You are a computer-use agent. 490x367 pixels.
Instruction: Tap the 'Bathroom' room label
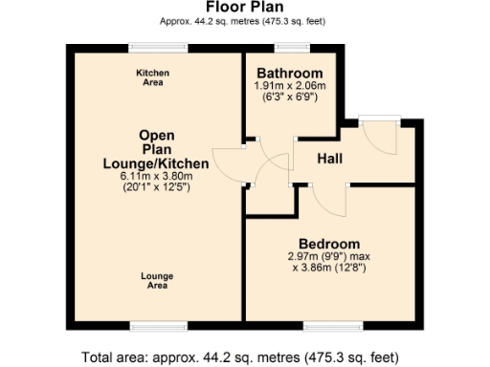(290, 74)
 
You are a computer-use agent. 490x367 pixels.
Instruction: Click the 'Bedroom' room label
(328, 244)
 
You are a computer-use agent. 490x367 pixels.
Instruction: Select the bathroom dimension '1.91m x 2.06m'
(290, 86)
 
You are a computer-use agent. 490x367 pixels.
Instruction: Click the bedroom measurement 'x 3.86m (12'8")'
(328, 268)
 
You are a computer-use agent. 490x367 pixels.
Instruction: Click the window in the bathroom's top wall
(289, 46)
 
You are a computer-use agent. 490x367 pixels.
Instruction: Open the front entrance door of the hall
(381, 134)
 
